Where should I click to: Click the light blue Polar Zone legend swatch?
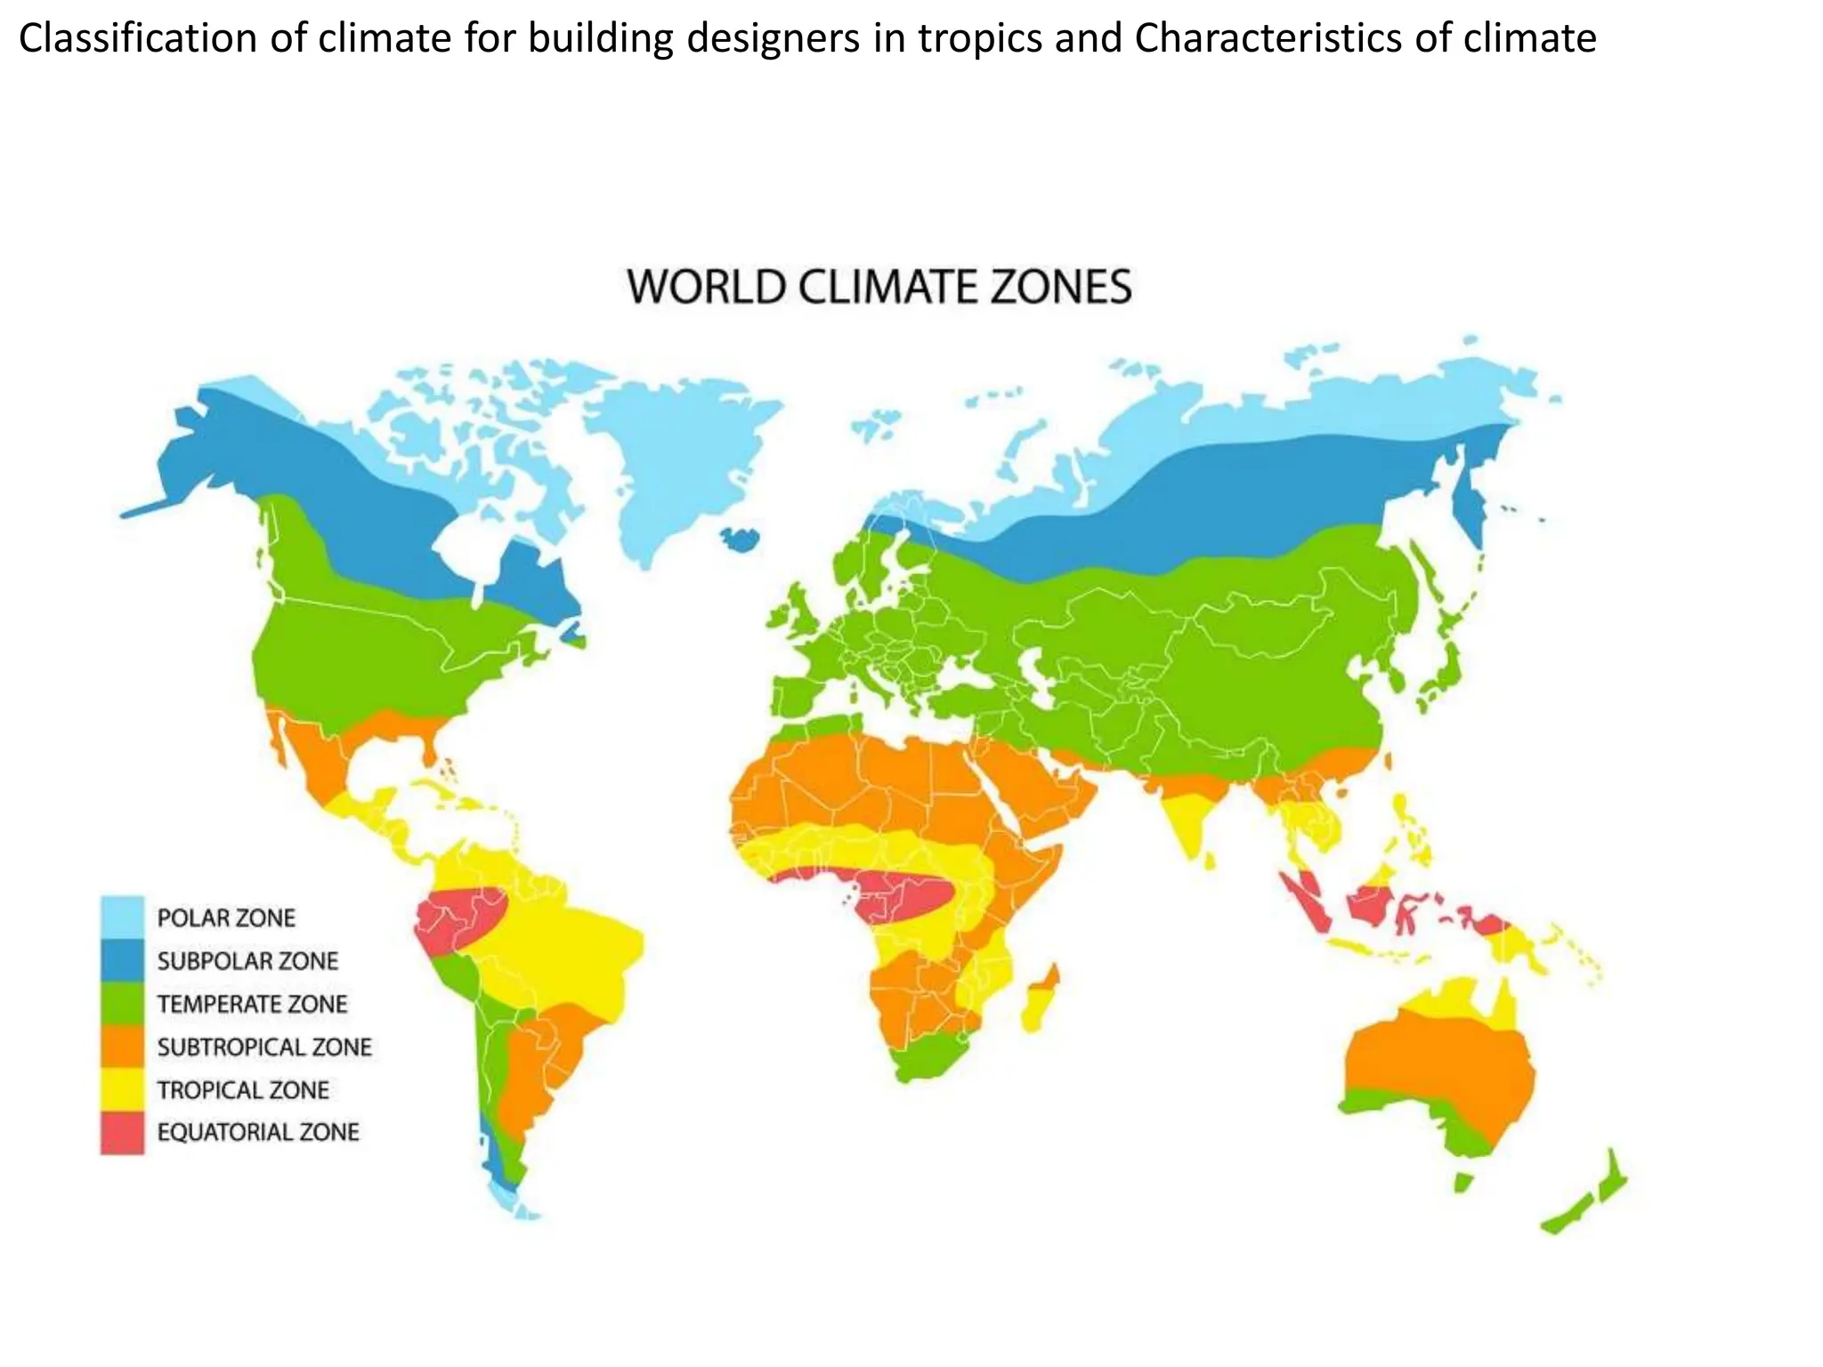122,917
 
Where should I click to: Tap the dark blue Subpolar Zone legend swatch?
122,960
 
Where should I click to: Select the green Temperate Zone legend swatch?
122,1003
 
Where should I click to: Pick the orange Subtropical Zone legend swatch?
122,1047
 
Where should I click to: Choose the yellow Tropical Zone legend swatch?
122,1089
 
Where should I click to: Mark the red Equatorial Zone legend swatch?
122,1132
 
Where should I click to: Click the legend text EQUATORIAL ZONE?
258,1132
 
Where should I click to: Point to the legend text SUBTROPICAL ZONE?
264,1047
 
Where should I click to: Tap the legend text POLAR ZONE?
226,918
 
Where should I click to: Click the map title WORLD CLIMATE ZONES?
879,287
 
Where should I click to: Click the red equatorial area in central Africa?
899,894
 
